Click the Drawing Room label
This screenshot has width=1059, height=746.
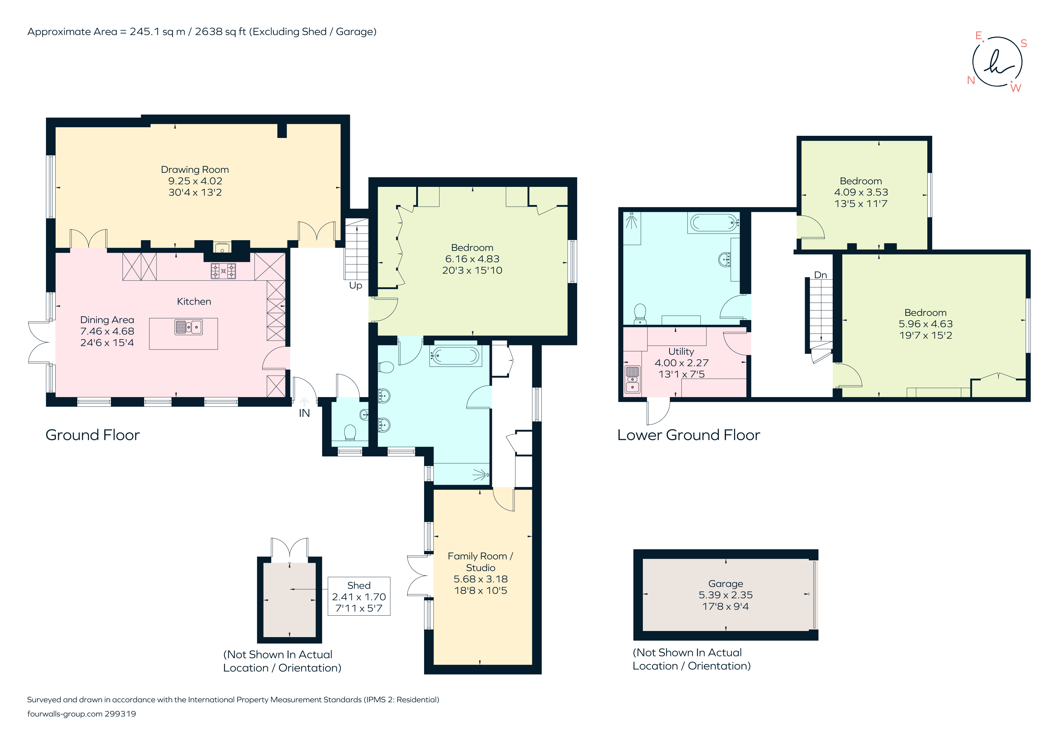point(195,170)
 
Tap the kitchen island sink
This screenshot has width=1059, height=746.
point(188,327)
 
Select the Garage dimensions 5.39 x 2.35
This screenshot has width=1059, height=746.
point(726,595)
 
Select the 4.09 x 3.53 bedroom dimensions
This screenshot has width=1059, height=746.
point(861,192)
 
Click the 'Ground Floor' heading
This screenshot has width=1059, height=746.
point(92,435)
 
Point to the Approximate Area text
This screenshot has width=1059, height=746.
point(202,32)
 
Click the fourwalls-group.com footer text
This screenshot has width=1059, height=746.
point(81,714)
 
